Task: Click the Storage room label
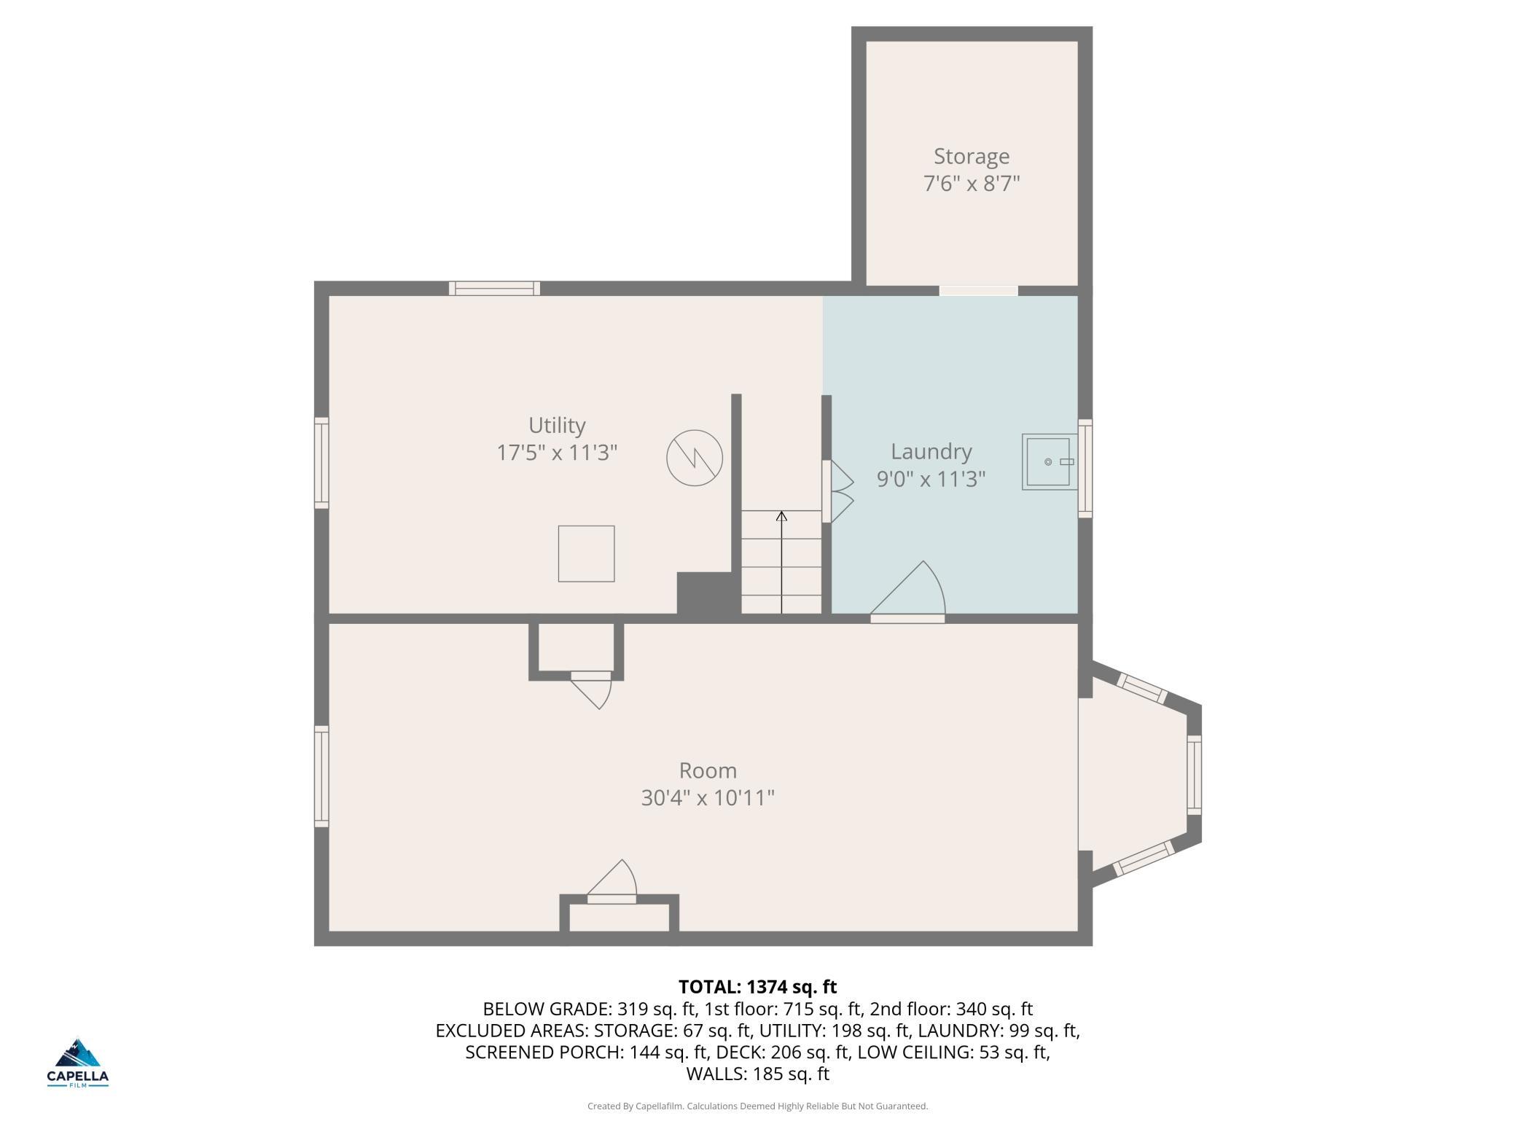(972, 157)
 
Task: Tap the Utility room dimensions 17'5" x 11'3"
(557, 453)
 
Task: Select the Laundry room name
(931, 452)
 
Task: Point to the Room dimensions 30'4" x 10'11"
(708, 798)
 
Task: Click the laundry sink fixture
(1050, 462)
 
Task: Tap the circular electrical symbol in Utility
(695, 458)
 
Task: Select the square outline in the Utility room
(586, 554)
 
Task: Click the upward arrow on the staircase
(781, 562)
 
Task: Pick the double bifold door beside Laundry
(837, 491)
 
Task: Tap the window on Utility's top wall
(494, 289)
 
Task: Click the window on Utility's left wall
(321, 463)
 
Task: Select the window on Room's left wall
(321, 776)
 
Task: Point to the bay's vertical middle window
(1194, 775)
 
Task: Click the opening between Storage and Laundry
(978, 291)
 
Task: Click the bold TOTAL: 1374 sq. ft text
(758, 987)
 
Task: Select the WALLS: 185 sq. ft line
(758, 1074)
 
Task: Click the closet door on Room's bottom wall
(612, 883)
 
